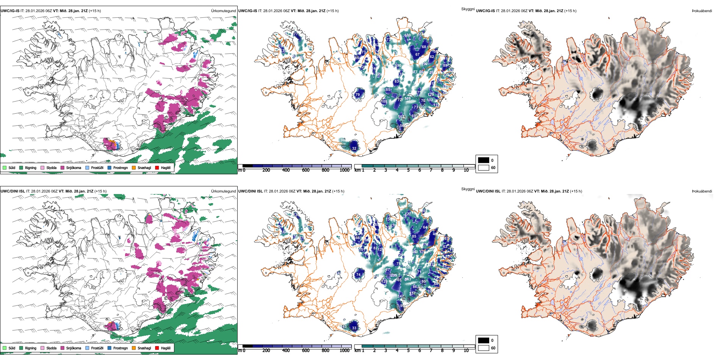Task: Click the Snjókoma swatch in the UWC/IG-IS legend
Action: (63, 167)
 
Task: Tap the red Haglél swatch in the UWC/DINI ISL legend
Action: (157, 348)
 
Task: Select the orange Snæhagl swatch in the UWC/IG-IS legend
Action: (134, 167)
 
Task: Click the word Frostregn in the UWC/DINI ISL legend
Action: (121, 348)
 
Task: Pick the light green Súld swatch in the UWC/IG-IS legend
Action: (5, 167)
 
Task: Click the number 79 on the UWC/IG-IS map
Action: (357, 95)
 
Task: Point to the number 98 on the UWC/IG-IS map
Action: (343, 140)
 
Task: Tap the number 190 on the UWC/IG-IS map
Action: (398, 66)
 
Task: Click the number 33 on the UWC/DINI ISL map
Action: (354, 328)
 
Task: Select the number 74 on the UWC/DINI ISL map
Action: (358, 275)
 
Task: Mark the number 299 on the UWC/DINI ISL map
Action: (394, 275)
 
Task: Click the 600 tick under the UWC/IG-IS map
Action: (306, 170)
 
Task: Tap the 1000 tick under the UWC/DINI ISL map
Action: (344, 351)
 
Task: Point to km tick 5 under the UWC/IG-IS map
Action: (409, 170)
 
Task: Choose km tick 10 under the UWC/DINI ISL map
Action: (466, 351)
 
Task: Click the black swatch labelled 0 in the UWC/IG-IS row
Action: (484, 160)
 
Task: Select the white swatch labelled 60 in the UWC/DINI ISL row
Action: (484, 348)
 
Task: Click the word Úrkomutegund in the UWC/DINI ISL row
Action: (223, 191)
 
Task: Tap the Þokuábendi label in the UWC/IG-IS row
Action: (702, 11)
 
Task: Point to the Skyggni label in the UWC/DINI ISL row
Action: (468, 189)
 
